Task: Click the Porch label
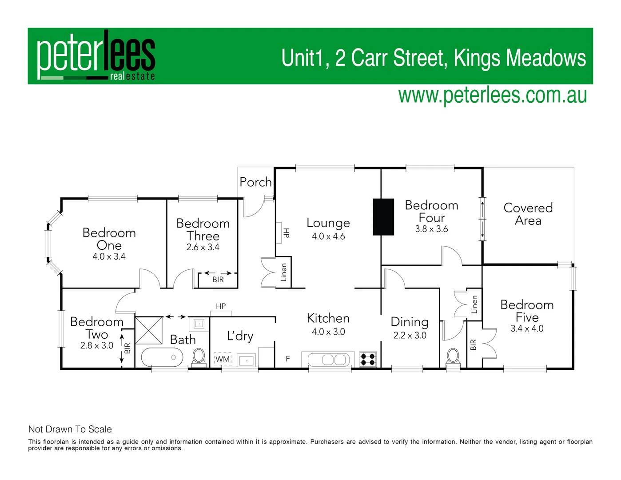pos(255,182)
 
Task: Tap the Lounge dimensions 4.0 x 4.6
pos(328,236)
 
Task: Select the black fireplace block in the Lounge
pos(383,216)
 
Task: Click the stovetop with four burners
pos(368,359)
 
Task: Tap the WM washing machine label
pos(223,359)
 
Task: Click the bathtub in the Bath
pos(162,357)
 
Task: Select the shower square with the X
pos(149,330)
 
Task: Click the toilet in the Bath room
pos(199,356)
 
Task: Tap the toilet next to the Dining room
pos(453,356)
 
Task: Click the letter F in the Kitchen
pos(288,359)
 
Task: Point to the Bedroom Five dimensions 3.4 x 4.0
pos(527,329)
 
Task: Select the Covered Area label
pos(528,214)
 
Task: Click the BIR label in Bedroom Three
pos(218,280)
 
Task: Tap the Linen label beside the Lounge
pos(283,272)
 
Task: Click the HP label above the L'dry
pos(221,306)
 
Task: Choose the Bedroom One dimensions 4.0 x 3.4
pos(109,256)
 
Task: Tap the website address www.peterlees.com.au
pos(492,95)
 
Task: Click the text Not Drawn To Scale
pos(70,429)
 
